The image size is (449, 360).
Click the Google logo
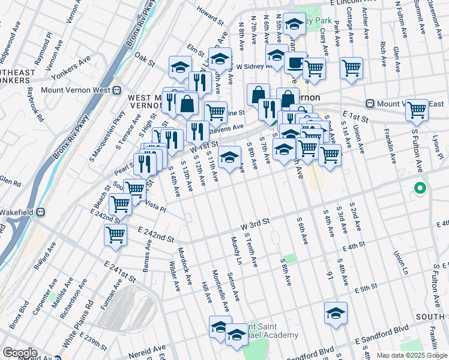20,353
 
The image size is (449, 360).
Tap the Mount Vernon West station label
84,91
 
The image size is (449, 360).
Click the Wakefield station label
20,211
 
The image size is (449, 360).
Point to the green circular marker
420,190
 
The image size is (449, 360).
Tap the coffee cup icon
295,62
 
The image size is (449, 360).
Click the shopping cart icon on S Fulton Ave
417,110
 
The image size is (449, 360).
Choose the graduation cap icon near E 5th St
336,313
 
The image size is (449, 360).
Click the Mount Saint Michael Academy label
269,330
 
